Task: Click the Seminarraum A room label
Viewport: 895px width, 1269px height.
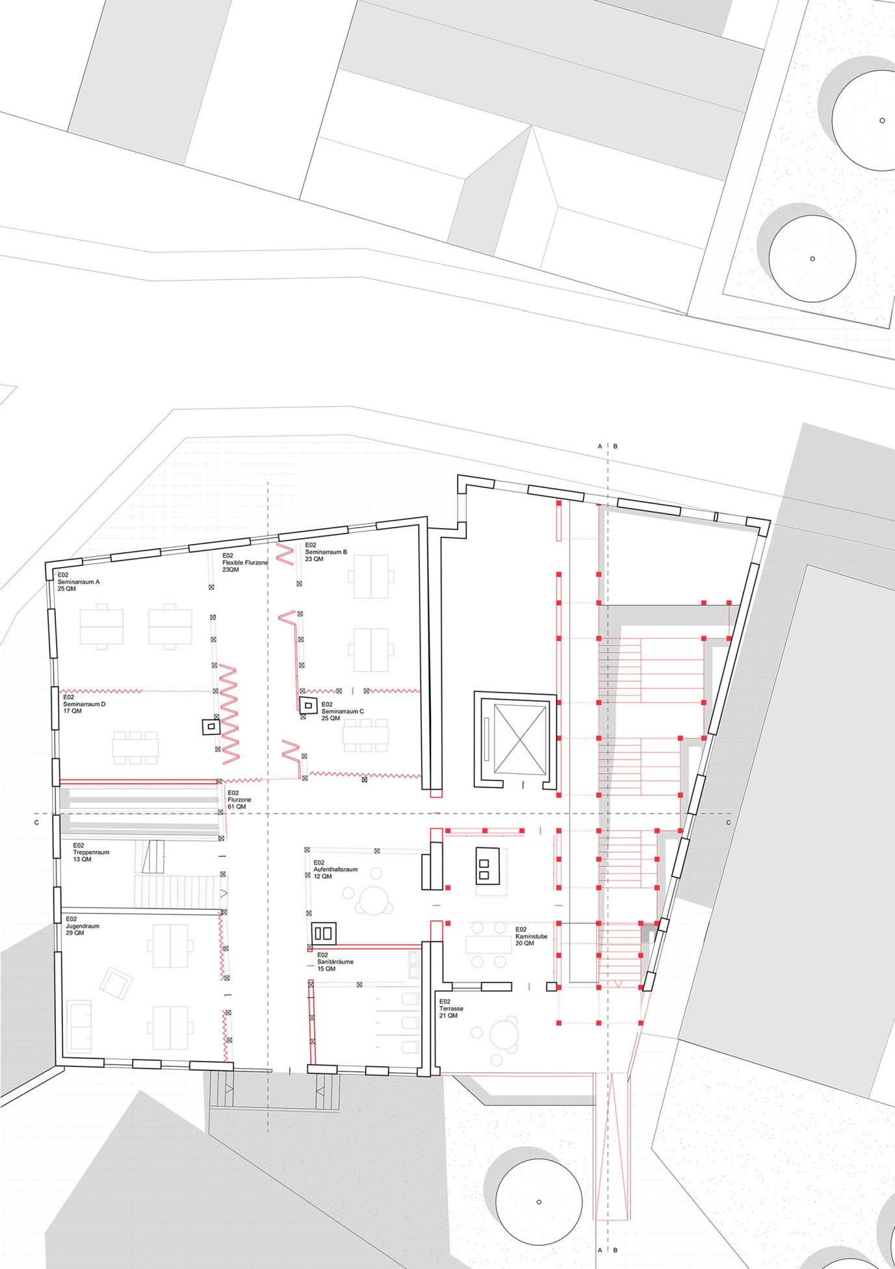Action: pos(79,582)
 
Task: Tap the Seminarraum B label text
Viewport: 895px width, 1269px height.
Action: pos(326,552)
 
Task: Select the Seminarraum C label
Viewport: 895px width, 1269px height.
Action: pos(343,711)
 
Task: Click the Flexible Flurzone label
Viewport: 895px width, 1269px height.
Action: pos(245,562)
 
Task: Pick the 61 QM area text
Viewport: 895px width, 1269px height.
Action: pos(237,806)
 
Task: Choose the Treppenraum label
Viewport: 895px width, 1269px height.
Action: pos(91,852)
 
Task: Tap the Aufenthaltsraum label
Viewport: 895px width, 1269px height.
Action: pos(335,869)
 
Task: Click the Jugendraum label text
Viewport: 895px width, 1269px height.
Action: pos(83,925)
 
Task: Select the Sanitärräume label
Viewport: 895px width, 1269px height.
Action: pos(335,961)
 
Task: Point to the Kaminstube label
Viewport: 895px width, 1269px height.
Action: pos(532,936)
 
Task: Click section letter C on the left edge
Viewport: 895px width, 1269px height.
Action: pos(36,823)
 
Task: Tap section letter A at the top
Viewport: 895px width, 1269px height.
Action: pos(600,446)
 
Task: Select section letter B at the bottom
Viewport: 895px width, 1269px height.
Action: pos(616,1250)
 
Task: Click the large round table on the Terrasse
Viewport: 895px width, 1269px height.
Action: pos(504,1036)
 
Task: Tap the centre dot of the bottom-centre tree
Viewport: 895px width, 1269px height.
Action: pos(539,1201)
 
